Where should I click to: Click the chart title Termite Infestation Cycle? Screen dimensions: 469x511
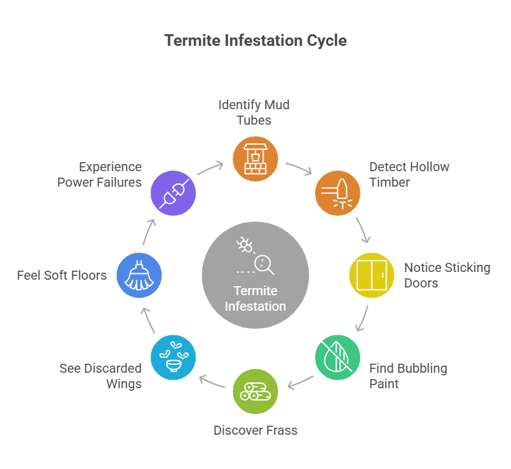point(255,41)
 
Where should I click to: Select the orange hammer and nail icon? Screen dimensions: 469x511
point(338,193)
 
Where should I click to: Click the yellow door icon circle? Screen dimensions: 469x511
point(371,275)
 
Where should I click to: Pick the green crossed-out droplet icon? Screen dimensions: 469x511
point(338,358)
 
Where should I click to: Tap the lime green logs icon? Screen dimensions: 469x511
point(255,391)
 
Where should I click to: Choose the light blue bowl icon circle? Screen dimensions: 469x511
point(172,358)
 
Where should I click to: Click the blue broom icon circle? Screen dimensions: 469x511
point(139,275)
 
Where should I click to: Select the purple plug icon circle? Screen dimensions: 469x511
point(172,193)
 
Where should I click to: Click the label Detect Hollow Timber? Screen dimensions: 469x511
point(409,174)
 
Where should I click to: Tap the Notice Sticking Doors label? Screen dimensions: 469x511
point(447,275)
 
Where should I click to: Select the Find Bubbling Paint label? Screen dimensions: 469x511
point(408,376)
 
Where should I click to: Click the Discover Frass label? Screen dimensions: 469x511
point(255,430)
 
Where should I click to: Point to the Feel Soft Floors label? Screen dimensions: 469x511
point(62,275)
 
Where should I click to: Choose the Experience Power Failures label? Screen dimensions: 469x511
point(99,174)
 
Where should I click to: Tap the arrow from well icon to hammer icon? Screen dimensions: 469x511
point(298,168)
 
